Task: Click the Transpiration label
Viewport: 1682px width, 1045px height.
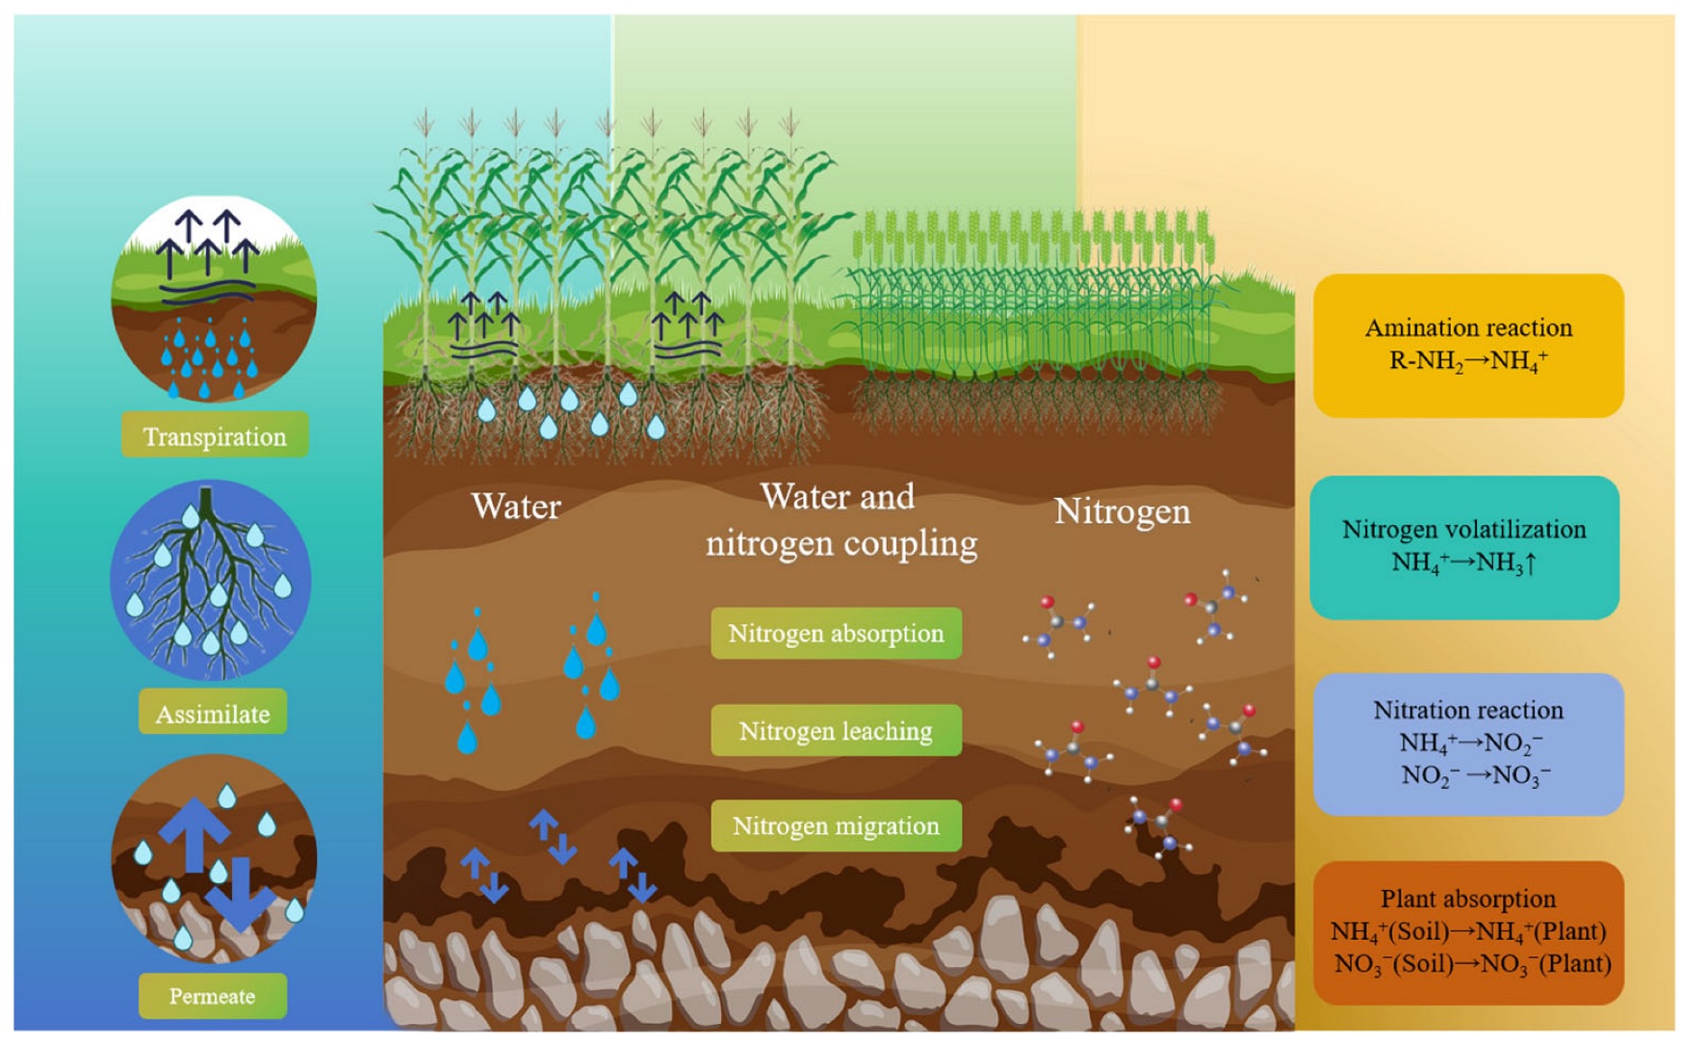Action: pos(215,435)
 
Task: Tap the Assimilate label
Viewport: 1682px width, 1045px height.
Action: pos(213,713)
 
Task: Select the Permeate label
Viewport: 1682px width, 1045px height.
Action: pos(213,996)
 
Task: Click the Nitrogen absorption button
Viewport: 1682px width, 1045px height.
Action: pos(836,633)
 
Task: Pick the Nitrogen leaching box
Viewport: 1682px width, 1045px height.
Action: pos(836,730)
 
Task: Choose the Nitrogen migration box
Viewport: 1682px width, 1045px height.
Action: pos(836,825)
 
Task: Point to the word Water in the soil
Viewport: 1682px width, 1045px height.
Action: pos(516,507)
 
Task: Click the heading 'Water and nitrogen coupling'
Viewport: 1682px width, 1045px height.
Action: pos(841,520)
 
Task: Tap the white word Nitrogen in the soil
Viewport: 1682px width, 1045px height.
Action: pos(1122,511)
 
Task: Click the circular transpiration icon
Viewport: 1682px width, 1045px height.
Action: pos(214,300)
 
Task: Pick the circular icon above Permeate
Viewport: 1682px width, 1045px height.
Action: pos(214,858)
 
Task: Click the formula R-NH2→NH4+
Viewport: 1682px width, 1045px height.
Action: pos(1468,361)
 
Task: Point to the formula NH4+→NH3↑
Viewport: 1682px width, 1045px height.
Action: pos(1463,562)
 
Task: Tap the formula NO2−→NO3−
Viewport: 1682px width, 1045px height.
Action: pos(1475,775)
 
